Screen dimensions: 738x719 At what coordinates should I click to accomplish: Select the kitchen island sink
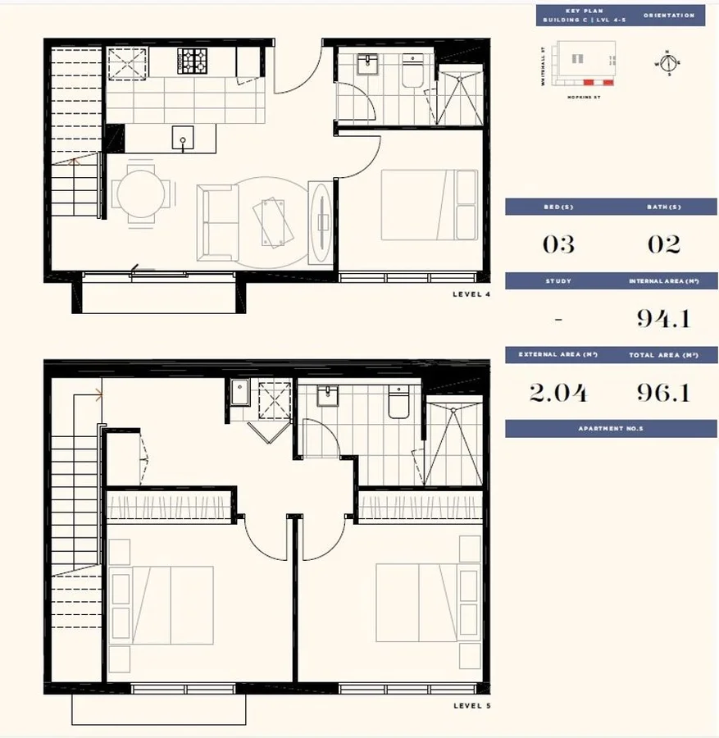click(183, 138)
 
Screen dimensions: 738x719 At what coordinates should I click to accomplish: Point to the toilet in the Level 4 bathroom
click(411, 72)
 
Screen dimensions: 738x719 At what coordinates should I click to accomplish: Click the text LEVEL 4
click(471, 294)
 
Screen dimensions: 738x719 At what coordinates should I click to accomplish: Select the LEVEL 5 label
click(471, 705)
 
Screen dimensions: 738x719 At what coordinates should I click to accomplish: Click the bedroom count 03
click(558, 244)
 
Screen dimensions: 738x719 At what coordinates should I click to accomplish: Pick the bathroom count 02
click(663, 244)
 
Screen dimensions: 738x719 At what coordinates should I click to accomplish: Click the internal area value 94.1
click(663, 318)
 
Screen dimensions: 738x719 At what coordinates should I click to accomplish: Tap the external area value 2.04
click(558, 393)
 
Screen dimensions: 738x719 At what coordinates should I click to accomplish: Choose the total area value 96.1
click(663, 393)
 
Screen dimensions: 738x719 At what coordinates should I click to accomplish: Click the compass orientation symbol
click(667, 62)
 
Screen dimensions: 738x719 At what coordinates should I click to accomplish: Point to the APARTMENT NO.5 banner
click(611, 429)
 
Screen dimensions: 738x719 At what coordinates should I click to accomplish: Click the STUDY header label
click(558, 281)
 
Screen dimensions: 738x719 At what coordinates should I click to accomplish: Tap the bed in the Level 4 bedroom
click(429, 204)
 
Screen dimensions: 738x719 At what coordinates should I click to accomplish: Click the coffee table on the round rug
click(273, 219)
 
